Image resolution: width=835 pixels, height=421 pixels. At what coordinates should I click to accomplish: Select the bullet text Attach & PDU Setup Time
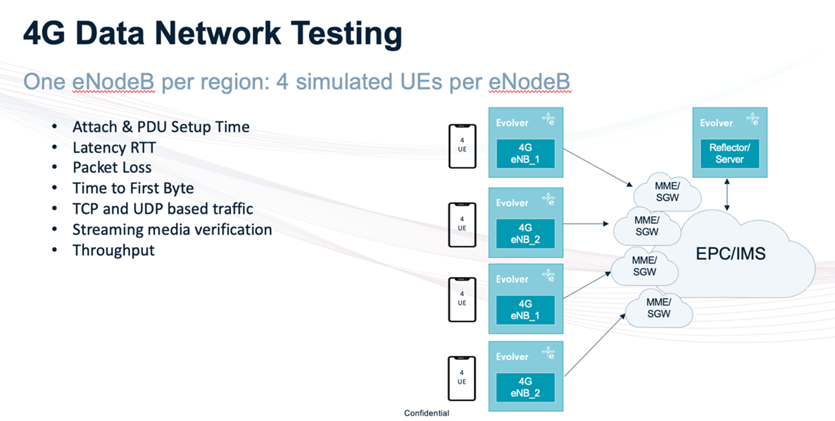pyautogui.click(x=161, y=127)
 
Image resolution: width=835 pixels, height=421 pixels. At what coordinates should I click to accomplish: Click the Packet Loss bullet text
pyautogui.click(x=112, y=168)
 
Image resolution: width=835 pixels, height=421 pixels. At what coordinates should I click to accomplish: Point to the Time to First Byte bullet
pyautogui.click(x=133, y=189)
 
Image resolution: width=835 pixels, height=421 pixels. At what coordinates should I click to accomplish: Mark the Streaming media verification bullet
pyautogui.click(x=172, y=230)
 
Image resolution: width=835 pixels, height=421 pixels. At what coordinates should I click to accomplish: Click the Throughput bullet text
pyautogui.click(x=113, y=250)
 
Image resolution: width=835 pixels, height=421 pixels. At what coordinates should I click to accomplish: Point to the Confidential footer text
pyautogui.click(x=426, y=414)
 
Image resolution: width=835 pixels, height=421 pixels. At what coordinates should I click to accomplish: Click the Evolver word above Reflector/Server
pyautogui.click(x=716, y=123)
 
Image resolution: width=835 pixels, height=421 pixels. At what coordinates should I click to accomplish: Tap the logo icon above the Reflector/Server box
pyautogui.click(x=752, y=121)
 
